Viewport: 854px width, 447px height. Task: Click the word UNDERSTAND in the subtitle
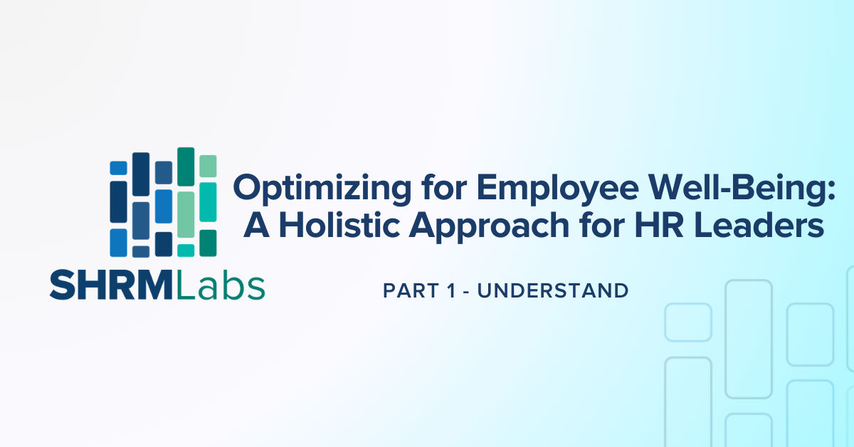click(553, 290)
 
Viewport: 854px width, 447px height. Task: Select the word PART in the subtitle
click(408, 290)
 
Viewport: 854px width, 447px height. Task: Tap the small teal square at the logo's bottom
click(186, 250)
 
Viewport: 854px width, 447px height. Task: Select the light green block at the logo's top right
click(208, 166)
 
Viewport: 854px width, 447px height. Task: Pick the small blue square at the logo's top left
click(119, 168)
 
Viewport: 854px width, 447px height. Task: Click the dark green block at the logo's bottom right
click(208, 242)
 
